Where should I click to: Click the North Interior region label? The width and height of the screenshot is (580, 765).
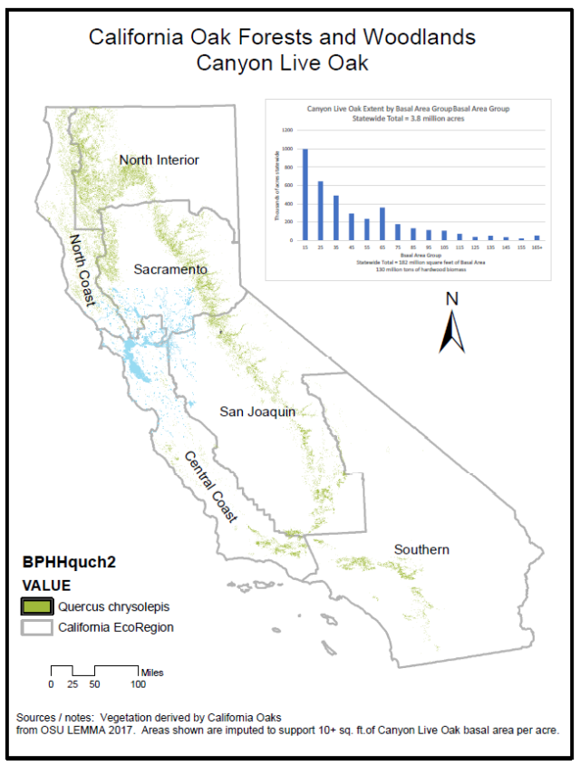159,160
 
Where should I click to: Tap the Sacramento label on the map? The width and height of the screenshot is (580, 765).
170,269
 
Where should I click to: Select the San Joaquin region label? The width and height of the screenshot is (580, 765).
258,412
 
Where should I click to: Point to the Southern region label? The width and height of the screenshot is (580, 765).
421,549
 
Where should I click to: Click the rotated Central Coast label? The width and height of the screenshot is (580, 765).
211,487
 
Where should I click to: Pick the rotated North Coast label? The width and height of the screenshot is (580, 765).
82,269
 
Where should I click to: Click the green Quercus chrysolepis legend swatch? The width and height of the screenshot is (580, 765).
37,605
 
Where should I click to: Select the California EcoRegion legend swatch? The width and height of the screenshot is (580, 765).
37,626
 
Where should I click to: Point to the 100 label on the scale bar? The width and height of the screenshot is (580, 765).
138,684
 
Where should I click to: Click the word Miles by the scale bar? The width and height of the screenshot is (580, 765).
151,672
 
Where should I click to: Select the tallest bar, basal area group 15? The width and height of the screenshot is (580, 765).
305,195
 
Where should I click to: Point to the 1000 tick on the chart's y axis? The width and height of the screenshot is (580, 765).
286,149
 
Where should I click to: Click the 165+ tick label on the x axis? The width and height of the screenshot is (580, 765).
536,247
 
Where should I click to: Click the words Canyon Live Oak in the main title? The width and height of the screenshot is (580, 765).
281,63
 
